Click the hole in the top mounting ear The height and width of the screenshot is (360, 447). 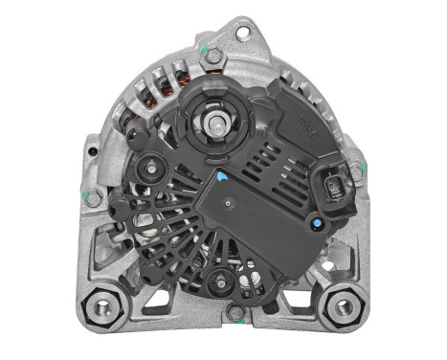(x=242, y=33)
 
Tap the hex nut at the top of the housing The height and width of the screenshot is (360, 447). (x=212, y=55)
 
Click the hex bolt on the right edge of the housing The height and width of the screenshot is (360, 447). (x=357, y=171)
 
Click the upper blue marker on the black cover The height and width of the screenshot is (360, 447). (x=221, y=176)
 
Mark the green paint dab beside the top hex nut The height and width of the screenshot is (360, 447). (x=202, y=48)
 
